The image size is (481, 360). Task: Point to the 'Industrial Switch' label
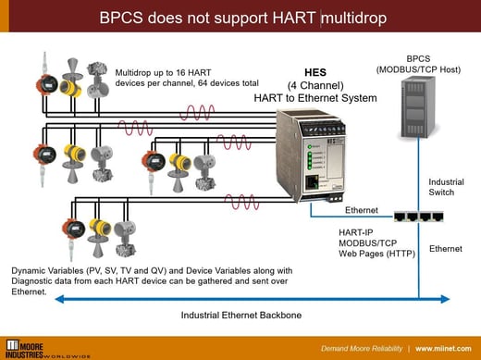[x=447, y=187]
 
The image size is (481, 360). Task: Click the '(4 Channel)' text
[x=315, y=84]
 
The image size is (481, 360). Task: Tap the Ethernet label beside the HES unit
[x=362, y=211]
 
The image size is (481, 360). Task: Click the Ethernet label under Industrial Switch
[x=447, y=248]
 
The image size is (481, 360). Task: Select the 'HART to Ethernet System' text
[x=315, y=97]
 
